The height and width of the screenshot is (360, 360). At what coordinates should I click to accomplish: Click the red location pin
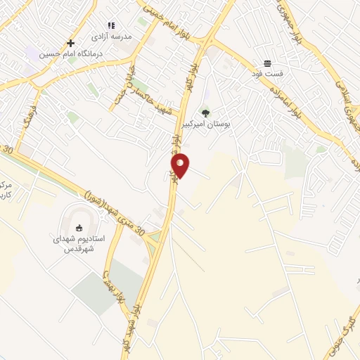click(181, 165)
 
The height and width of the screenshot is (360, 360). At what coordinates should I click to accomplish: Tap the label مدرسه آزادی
click(110, 34)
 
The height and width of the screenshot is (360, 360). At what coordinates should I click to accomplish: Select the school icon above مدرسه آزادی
click(110, 25)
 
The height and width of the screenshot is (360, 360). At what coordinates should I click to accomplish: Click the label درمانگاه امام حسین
click(70, 53)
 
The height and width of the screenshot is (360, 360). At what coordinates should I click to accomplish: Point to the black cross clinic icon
click(70, 43)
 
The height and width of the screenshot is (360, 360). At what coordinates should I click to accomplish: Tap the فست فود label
click(268, 72)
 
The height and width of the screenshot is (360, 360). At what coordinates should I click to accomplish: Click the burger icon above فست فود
click(268, 63)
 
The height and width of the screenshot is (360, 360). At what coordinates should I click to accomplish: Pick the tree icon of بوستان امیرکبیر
click(205, 112)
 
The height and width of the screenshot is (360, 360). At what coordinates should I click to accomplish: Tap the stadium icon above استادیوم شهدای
click(79, 226)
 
